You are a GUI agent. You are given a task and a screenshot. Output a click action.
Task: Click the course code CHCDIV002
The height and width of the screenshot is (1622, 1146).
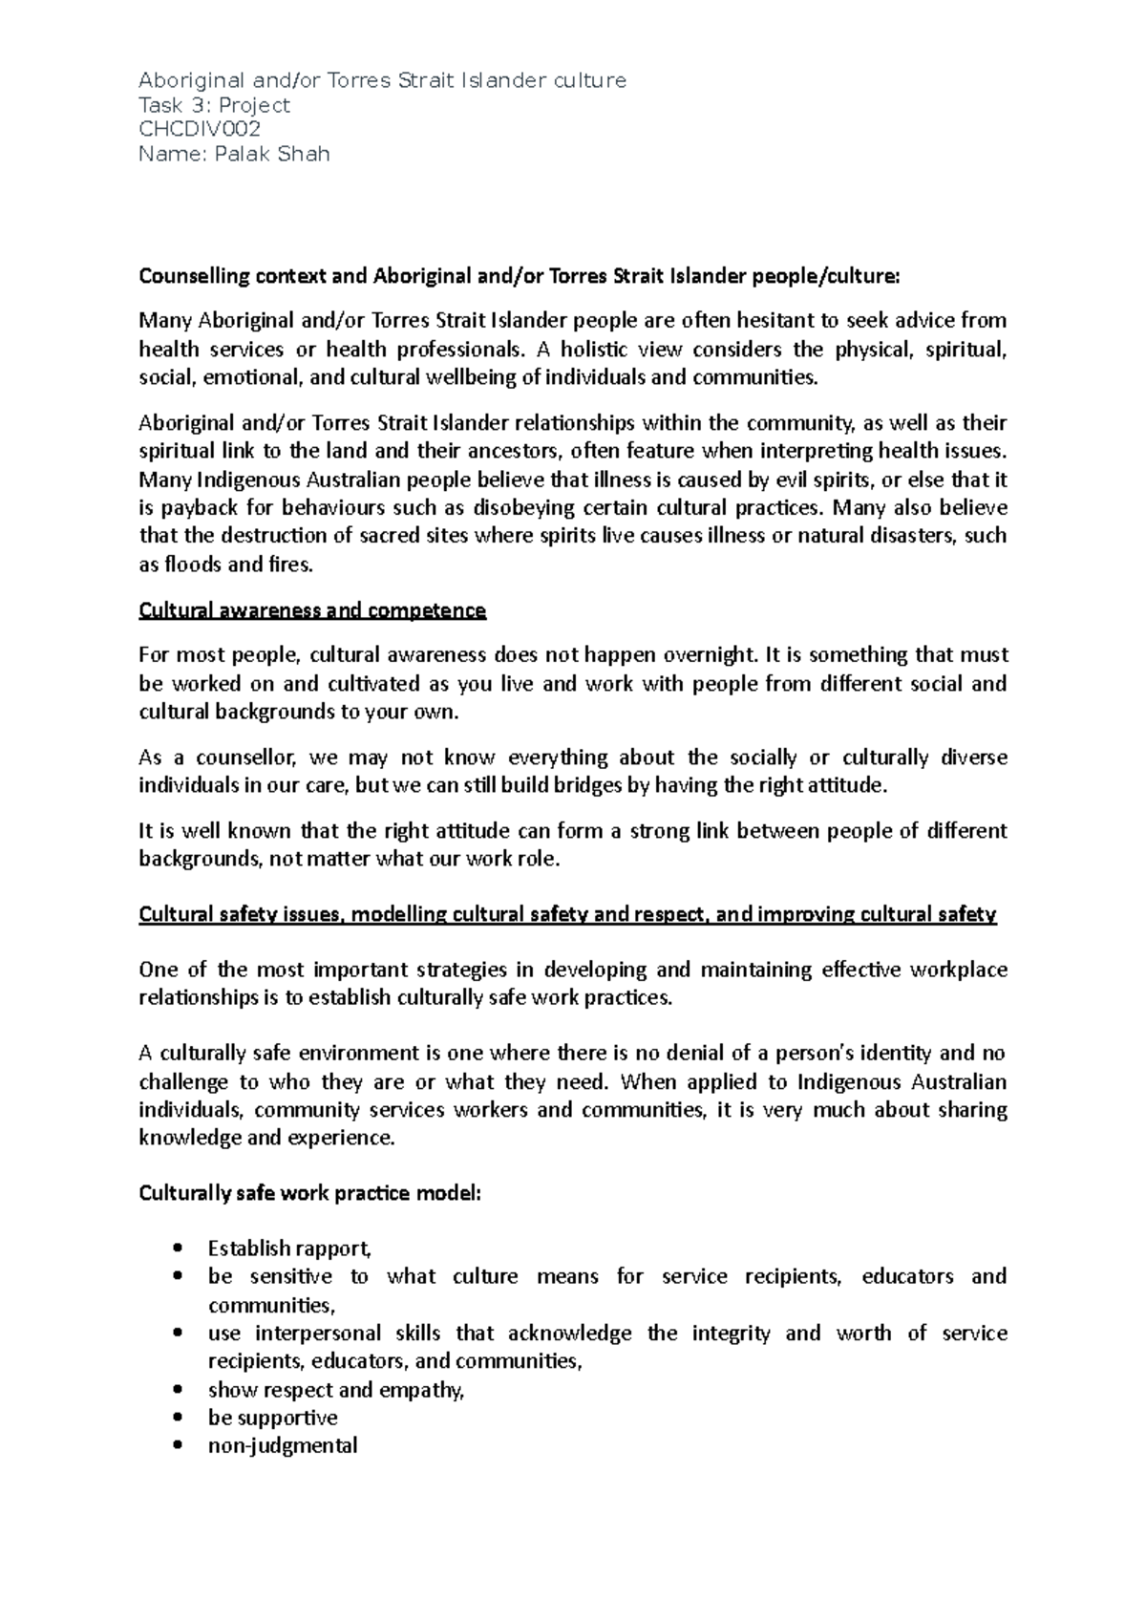click(x=200, y=129)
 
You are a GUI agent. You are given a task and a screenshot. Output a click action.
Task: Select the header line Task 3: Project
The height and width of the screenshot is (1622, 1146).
click(x=214, y=105)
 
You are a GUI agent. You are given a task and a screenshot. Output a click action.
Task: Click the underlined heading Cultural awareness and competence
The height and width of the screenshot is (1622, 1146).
click(x=312, y=610)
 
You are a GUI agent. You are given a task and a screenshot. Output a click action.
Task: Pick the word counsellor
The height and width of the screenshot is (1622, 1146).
click(x=249, y=758)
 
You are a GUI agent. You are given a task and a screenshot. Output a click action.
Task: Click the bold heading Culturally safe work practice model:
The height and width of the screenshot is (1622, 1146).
click(x=310, y=1193)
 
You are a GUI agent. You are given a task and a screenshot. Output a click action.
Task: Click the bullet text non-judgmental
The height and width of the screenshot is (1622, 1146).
click(x=283, y=1445)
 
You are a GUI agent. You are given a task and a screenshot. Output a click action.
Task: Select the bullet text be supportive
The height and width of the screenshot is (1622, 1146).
click(x=272, y=1418)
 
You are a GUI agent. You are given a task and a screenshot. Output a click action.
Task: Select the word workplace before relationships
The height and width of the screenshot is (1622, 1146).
click(x=958, y=971)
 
